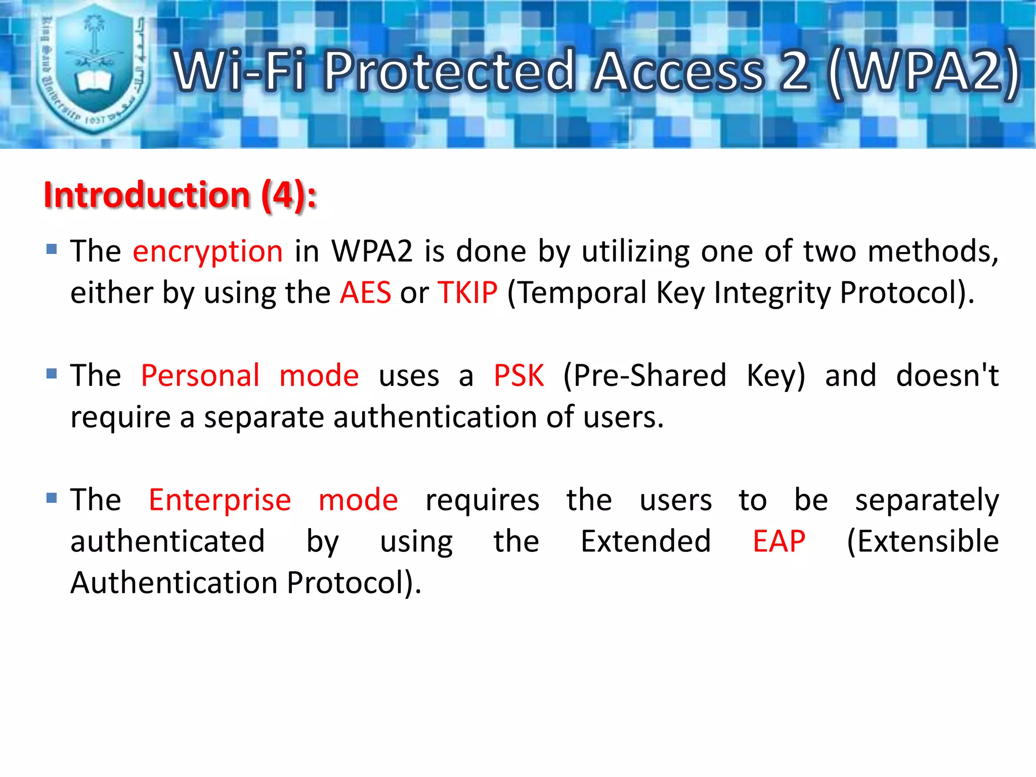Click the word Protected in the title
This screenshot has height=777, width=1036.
click(450, 71)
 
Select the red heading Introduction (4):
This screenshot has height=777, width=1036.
click(180, 195)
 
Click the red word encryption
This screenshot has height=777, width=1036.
click(207, 251)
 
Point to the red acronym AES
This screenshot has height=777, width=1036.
click(365, 292)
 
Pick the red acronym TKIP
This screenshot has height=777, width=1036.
click(468, 292)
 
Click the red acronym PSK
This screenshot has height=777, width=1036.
click(519, 376)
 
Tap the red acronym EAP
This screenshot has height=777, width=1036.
click(779, 541)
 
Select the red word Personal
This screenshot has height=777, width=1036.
click(200, 376)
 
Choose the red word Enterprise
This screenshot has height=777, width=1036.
click(220, 500)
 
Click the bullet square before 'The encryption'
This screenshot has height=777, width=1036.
click(52, 249)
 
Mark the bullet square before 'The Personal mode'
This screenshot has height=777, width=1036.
click(52, 373)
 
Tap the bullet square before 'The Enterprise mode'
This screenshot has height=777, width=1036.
click(52, 498)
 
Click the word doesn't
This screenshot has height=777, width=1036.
click(947, 376)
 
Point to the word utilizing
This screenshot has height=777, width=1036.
click(635, 251)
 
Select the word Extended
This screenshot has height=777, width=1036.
click(645, 541)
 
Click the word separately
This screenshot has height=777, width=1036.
click(927, 500)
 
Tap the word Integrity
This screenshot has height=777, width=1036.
click(772, 292)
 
